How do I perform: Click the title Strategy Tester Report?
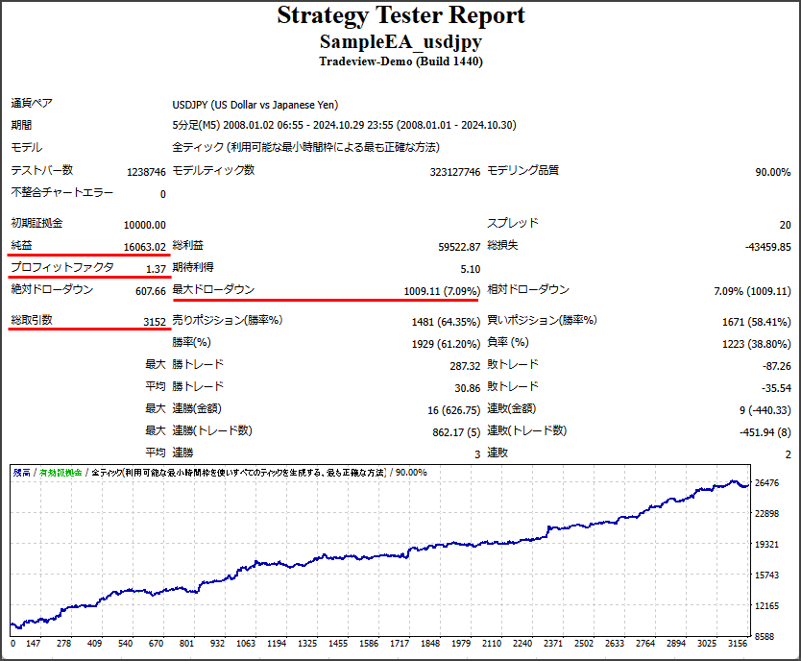[x=400, y=16]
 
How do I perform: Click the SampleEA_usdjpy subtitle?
[x=400, y=42]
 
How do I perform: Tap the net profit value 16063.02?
[x=145, y=246]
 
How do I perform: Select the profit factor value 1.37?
[x=156, y=268]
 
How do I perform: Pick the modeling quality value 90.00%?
[x=772, y=172]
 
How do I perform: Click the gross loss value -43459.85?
[x=767, y=246]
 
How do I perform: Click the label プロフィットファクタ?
[x=62, y=268]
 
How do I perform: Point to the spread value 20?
[x=785, y=224]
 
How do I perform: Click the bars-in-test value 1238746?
[x=146, y=172]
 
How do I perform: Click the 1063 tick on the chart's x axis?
[x=246, y=644]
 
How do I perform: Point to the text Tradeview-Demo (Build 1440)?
[x=400, y=61]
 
